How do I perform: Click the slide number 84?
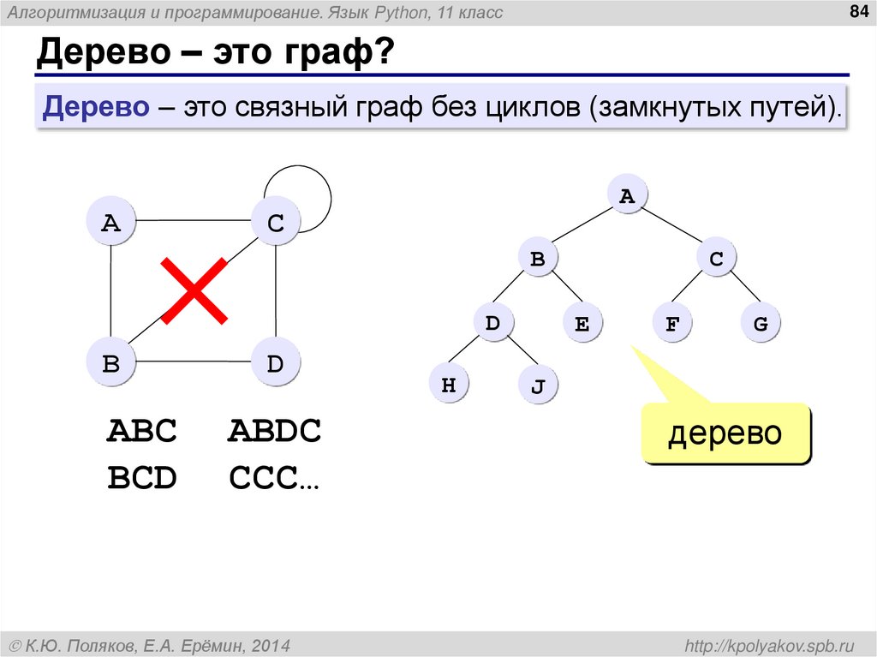point(856,11)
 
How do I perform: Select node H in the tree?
point(448,385)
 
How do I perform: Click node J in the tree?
point(538,386)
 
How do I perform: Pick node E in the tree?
point(582,324)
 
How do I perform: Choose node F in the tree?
point(672,324)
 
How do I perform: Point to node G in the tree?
point(761,324)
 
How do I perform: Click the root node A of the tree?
point(627,196)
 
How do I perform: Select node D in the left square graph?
point(275,362)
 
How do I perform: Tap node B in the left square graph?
point(111,362)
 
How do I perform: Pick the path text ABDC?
point(274,432)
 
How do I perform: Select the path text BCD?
point(142,478)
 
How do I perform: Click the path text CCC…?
point(274,478)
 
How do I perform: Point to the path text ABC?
point(142,432)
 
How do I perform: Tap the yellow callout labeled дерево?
point(725,433)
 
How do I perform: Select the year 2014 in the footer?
point(271,644)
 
